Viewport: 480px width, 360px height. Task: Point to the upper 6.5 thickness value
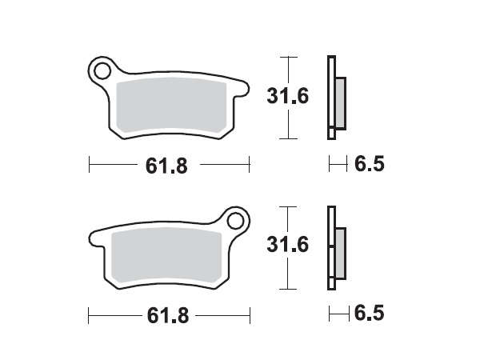(x=369, y=166)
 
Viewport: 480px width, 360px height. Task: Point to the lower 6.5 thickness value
(x=369, y=314)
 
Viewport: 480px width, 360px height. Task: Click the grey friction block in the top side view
(x=340, y=103)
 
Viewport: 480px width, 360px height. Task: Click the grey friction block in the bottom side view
(x=340, y=252)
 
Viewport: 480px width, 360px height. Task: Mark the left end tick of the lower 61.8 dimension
(x=89, y=315)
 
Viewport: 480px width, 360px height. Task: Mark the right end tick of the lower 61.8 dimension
(x=250, y=315)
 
